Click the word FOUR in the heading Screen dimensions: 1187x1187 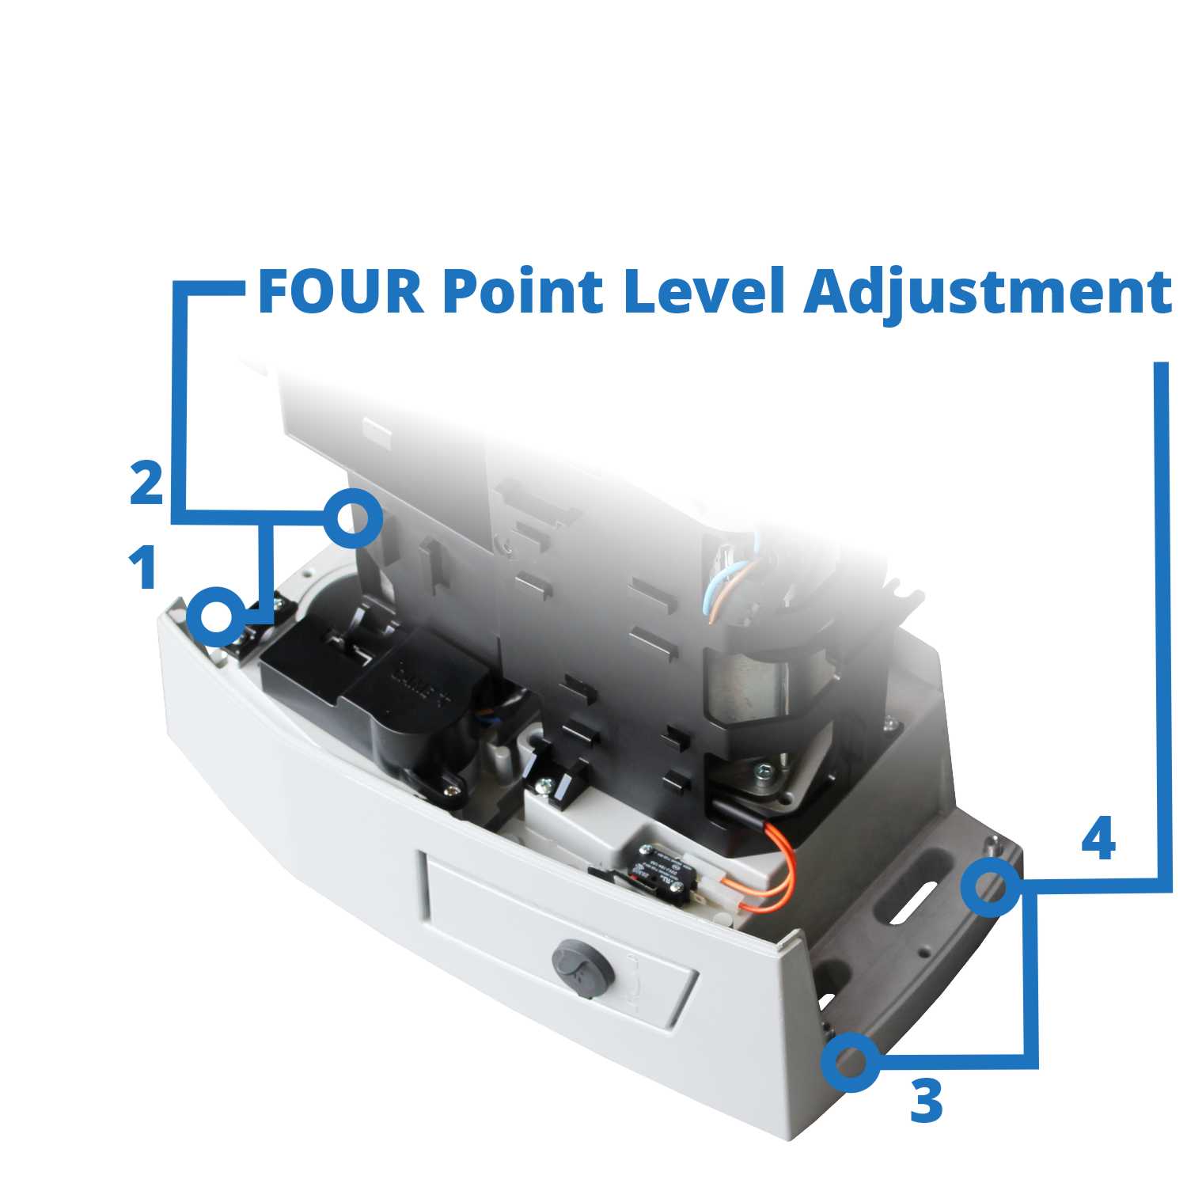(x=340, y=292)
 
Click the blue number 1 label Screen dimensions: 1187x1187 (x=143, y=568)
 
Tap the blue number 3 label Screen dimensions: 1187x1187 (x=926, y=1102)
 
